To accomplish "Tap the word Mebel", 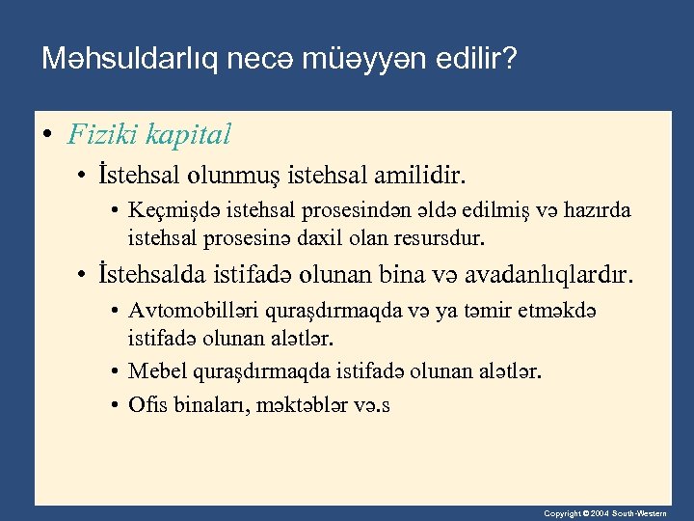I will (152, 371).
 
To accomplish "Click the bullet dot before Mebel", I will (115, 371).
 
